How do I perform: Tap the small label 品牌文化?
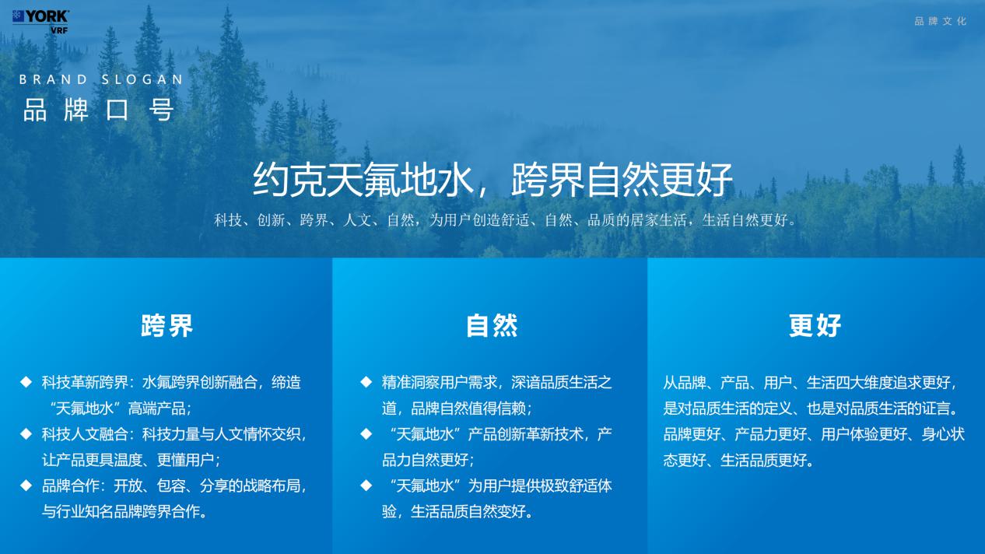click(940, 21)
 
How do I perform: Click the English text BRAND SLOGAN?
click(101, 79)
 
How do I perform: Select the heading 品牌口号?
click(99, 110)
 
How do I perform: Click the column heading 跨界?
click(167, 326)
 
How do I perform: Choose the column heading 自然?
click(492, 326)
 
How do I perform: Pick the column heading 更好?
click(815, 326)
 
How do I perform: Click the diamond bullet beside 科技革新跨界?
click(26, 381)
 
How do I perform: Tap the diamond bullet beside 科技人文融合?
click(26, 434)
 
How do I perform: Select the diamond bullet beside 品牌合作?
click(26, 486)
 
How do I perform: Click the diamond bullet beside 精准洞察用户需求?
click(366, 381)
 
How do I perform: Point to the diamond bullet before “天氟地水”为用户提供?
click(366, 486)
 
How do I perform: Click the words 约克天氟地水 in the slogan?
click(363, 180)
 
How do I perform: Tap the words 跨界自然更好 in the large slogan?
click(622, 180)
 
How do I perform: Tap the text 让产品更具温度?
click(92, 460)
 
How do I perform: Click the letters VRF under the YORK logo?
click(59, 30)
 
